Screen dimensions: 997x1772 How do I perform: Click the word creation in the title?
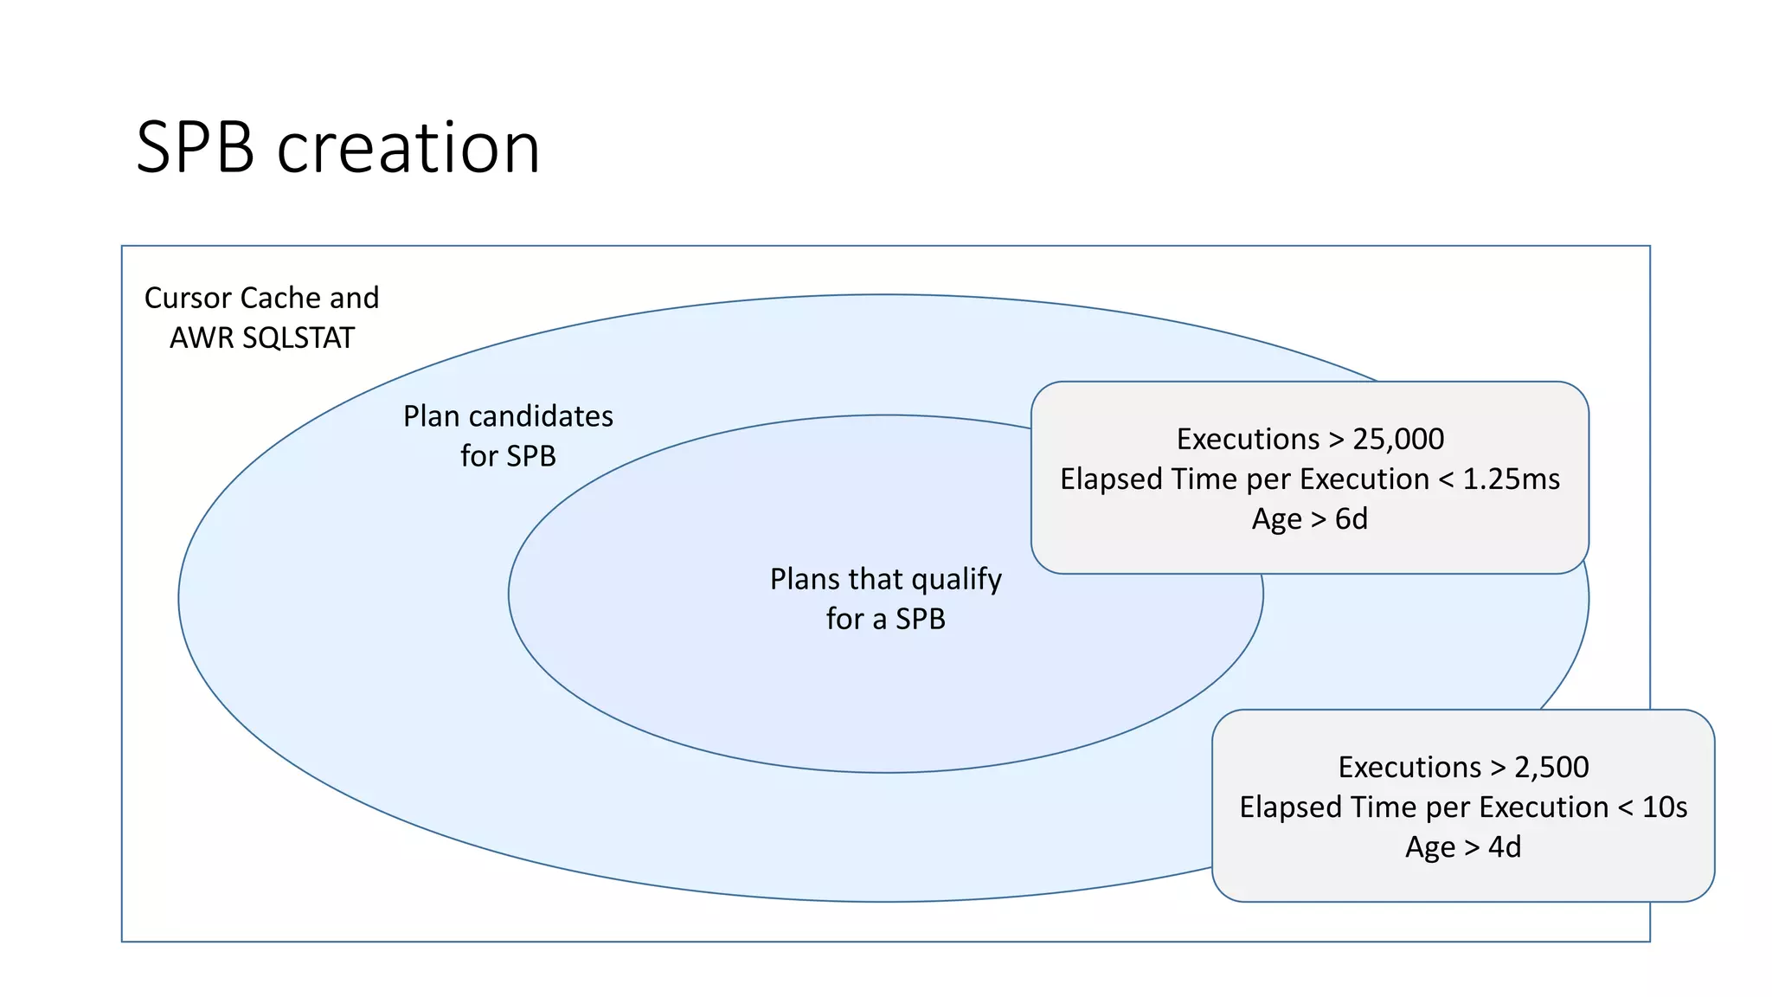point(408,148)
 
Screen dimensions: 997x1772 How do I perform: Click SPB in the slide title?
point(196,148)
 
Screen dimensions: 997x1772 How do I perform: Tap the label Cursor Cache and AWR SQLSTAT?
point(261,318)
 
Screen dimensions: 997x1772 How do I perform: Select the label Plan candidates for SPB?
point(508,436)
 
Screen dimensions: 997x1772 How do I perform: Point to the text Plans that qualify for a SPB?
point(885,599)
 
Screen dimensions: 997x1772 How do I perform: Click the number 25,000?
point(1397,440)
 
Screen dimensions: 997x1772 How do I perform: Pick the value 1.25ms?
point(1511,479)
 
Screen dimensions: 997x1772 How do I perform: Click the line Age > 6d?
point(1309,519)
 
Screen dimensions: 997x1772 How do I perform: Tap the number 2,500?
point(1550,768)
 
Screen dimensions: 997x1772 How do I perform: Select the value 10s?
point(1664,807)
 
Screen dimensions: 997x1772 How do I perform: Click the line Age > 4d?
point(1462,847)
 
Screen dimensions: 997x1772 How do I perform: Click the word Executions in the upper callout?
point(1248,440)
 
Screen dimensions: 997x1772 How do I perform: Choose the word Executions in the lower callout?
point(1409,768)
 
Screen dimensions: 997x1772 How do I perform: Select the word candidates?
point(541,417)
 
